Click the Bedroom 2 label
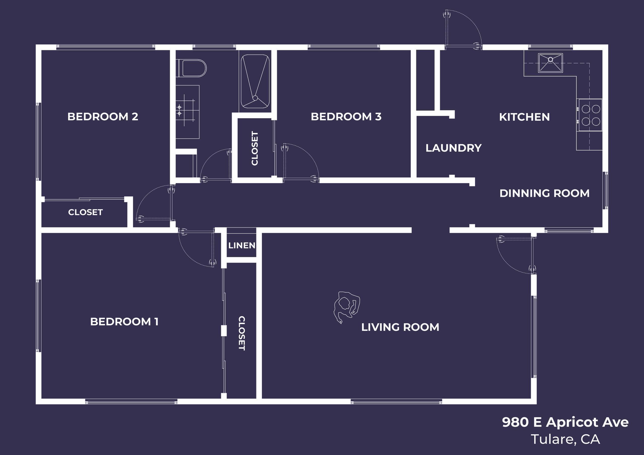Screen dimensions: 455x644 103,117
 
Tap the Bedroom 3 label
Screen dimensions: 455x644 346,117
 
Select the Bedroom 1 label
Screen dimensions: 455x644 124,322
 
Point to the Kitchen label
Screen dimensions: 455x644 524,117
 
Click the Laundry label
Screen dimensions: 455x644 453,148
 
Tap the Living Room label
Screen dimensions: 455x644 400,327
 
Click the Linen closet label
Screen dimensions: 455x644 242,246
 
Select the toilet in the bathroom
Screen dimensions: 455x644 193,68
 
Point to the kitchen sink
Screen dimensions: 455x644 550,63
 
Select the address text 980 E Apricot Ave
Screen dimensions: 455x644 565,422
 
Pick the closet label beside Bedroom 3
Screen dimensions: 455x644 255,148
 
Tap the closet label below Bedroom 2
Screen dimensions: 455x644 85,212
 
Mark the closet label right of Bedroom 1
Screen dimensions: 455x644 242,333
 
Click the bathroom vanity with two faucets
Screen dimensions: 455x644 187,112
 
